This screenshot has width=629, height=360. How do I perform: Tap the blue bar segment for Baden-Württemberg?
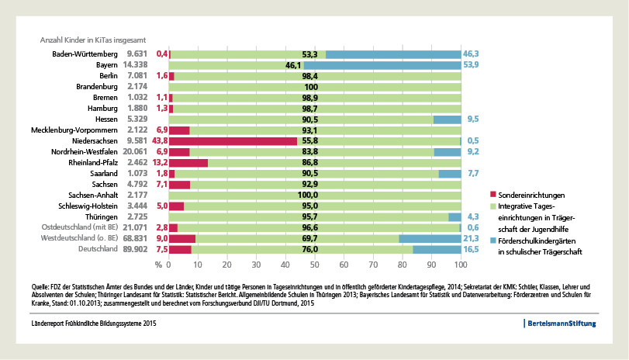pos(393,54)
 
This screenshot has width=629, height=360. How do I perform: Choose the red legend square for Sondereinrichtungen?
pos(494,193)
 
